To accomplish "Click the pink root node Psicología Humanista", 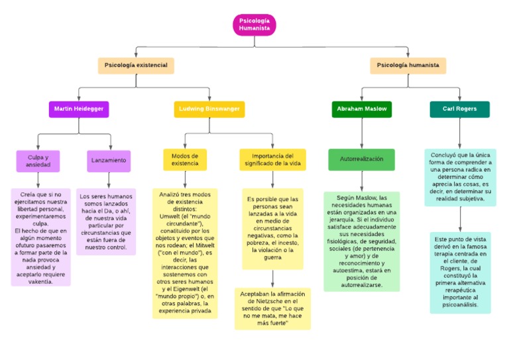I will coord(254,25).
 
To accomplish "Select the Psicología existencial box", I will coord(136,66).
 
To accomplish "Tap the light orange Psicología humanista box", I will coord(408,66).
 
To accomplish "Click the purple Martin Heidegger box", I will coord(79,109).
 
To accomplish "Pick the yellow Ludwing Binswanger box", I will coord(209,109).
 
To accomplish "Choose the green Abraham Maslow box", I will coord(361,109).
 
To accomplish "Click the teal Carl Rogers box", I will coord(459,109).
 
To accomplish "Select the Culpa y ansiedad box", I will coord(38,160).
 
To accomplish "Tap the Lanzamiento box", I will coord(109,160).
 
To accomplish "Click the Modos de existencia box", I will coord(185,160).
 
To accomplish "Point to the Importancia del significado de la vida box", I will coord(272,160).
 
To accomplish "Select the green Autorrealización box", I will coord(361,160).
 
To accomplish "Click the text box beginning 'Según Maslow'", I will coord(361,241).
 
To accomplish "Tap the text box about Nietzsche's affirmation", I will coord(272,308).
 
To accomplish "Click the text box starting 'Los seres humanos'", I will coord(106,222).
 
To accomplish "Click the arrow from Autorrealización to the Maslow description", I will coord(361,181).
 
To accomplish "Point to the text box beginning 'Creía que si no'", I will coord(40,237).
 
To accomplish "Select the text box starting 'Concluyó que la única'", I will coord(460,176).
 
